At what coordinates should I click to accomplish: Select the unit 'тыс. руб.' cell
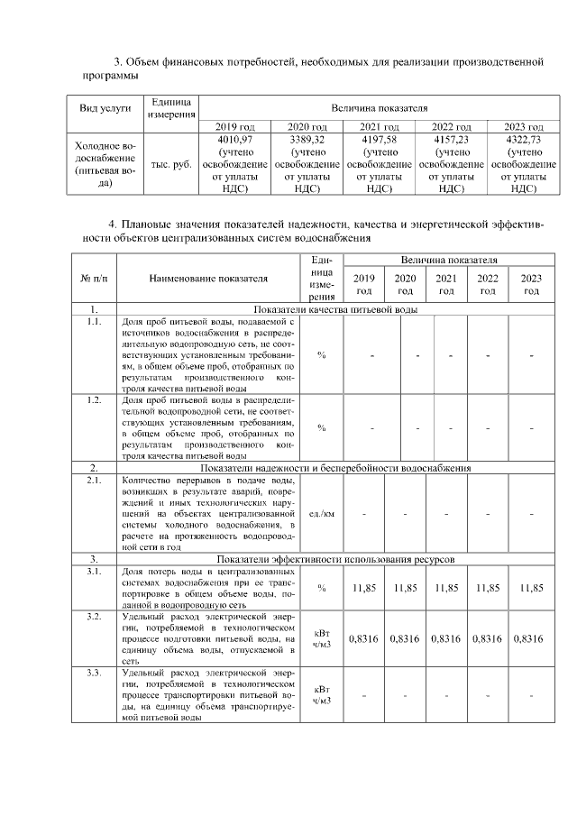pyautogui.click(x=169, y=165)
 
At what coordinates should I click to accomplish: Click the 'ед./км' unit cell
pyautogui.click(x=322, y=514)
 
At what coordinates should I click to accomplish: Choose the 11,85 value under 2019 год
pyautogui.click(x=364, y=588)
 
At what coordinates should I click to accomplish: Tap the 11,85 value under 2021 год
pyautogui.click(x=446, y=588)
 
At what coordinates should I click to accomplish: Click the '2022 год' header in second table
pyautogui.click(x=488, y=284)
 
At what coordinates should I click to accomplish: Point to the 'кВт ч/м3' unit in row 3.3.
pyautogui.click(x=322, y=693)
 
